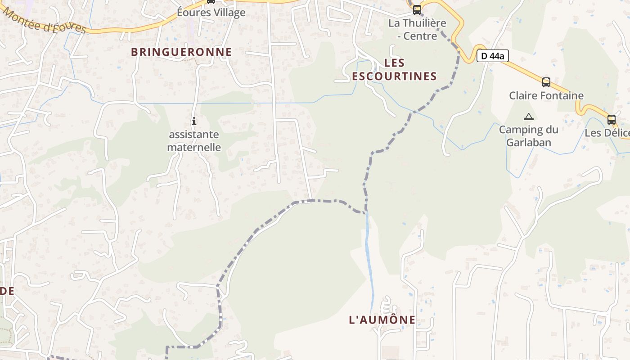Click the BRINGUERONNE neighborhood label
click(x=181, y=52)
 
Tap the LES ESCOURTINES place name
click(x=394, y=69)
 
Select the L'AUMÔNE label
click(x=382, y=319)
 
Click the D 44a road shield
click(x=492, y=56)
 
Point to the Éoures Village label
click(x=211, y=12)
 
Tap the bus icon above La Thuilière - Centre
click(x=417, y=9)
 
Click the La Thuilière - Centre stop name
click(x=417, y=29)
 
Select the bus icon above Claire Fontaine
click(x=546, y=82)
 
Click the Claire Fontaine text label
click(x=546, y=95)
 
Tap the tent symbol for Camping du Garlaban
click(x=529, y=117)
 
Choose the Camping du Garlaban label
click(x=528, y=136)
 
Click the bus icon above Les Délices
click(x=611, y=119)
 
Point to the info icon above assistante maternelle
click(x=194, y=121)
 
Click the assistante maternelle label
click(x=194, y=140)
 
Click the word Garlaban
click(x=528, y=142)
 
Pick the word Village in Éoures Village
click(x=229, y=12)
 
